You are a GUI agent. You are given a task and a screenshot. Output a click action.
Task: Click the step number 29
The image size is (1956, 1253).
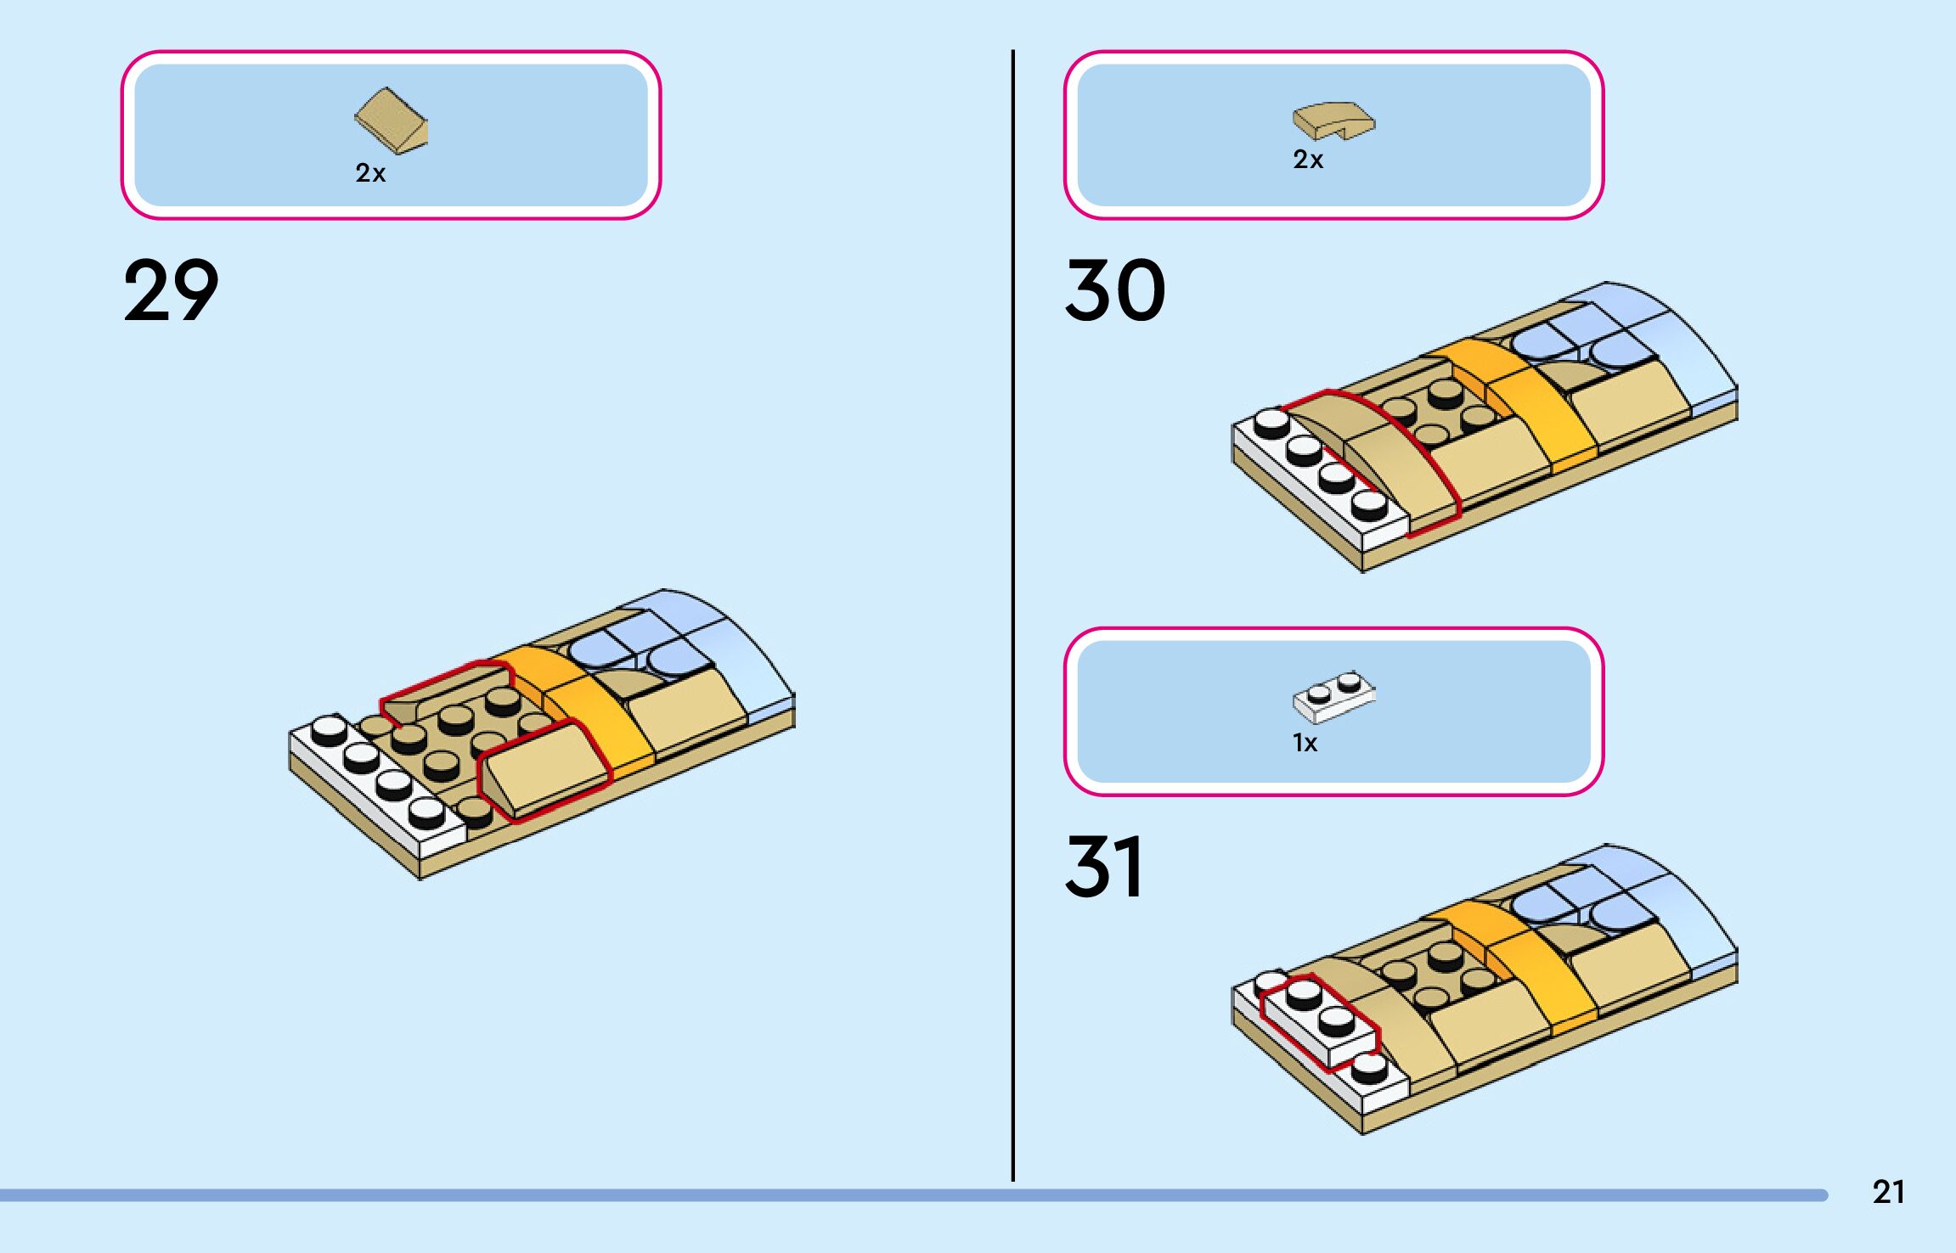(x=171, y=291)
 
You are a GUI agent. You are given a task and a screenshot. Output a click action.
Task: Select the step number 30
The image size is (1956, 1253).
(x=1114, y=291)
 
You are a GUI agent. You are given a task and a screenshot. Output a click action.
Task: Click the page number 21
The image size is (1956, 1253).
(x=1888, y=1192)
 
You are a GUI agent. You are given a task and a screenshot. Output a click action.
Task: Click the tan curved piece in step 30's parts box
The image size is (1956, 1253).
(x=1333, y=121)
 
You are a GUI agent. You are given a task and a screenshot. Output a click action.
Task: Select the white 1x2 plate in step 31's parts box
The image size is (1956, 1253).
(x=1333, y=698)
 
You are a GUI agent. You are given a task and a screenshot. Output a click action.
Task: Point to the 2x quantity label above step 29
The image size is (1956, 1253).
(x=370, y=173)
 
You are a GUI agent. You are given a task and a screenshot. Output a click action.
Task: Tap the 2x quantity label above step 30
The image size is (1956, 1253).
(x=1308, y=160)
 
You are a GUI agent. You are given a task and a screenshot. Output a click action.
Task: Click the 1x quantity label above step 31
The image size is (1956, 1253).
(x=1305, y=744)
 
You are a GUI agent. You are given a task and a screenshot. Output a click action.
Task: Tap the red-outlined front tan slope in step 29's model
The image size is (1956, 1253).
(x=544, y=768)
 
